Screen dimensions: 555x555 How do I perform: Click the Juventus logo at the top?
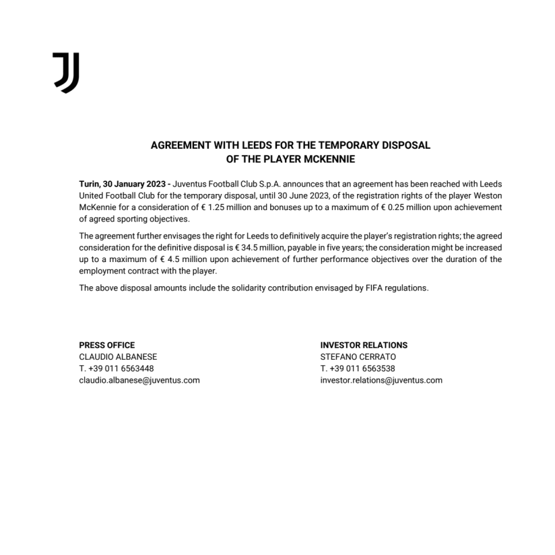point(66,72)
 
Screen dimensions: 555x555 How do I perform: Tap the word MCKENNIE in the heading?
point(326,160)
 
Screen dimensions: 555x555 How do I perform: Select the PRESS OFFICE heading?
point(107,345)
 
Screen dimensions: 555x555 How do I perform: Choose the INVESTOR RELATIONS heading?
point(364,345)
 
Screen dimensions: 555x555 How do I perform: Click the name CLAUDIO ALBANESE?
point(118,356)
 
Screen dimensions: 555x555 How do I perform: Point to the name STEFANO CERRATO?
point(358,356)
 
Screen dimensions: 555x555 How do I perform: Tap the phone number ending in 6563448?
point(117,368)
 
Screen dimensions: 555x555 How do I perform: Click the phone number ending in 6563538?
point(358,368)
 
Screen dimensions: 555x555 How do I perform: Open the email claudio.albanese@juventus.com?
point(139,380)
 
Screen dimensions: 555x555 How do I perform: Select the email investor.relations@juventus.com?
point(381,380)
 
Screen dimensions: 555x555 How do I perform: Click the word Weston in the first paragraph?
point(488,195)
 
